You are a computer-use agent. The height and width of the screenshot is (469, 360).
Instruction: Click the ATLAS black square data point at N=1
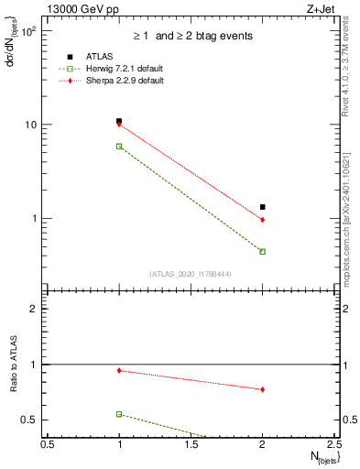click(119, 121)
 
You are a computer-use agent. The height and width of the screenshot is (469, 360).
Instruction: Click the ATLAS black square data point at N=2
click(263, 207)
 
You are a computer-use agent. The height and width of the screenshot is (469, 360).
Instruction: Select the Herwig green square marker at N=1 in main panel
click(119, 146)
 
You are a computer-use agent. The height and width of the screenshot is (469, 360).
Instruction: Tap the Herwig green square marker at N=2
click(263, 251)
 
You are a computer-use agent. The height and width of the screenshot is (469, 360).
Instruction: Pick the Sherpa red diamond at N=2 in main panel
click(263, 220)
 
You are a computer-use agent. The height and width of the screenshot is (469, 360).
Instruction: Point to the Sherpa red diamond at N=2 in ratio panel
click(263, 389)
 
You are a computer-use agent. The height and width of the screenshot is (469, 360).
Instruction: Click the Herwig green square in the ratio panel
click(119, 414)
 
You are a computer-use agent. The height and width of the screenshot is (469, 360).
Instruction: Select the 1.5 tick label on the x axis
click(191, 445)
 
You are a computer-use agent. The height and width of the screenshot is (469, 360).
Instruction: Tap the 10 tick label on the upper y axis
click(31, 125)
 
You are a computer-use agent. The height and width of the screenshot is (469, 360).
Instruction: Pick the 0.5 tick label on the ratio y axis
click(30, 420)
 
